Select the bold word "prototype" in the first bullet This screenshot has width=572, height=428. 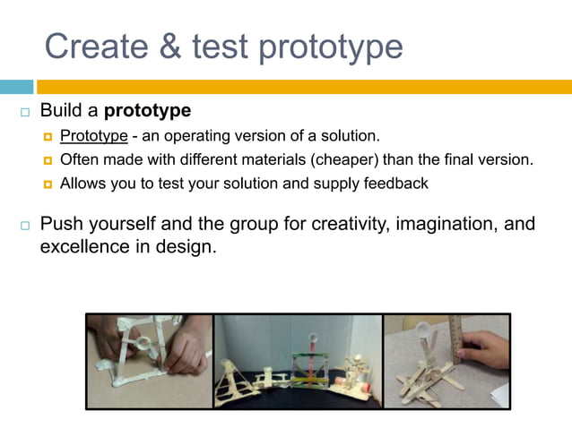pyautogui.click(x=148, y=112)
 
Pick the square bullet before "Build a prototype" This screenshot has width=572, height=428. pyautogui.click(x=24, y=114)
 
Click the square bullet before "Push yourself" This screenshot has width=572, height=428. pyautogui.click(x=24, y=225)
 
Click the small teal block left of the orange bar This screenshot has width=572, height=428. pyautogui.click(x=16, y=87)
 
